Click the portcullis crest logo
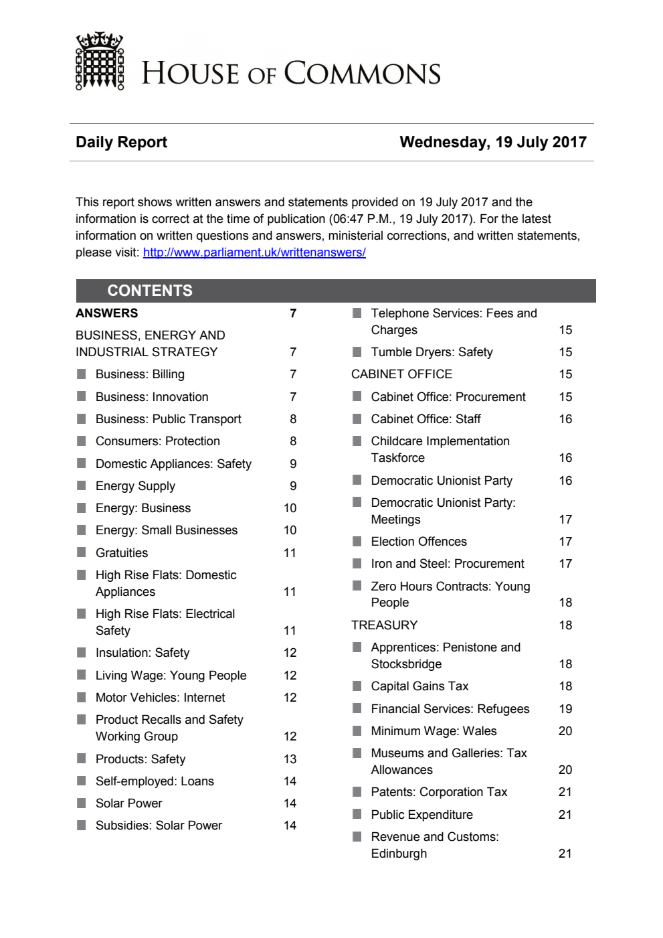click(x=100, y=62)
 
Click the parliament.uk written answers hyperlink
click(x=254, y=252)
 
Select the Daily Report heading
click(x=121, y=142)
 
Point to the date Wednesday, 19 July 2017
click(x=493, y=142)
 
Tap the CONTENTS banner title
click(x=150, y=291)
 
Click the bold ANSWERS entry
click(x=107, y=313)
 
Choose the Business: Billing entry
click(x=140, y=374)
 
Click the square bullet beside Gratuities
click(x=82, y=552)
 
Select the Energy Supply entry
click(x=135, y=486)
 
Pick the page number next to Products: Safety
click(x=290, y=759)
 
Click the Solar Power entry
click(x=128, y=803)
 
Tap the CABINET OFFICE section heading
click(x=401, y=374)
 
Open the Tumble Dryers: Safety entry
click(x=432, y=352)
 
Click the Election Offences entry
click(x=419, y=542)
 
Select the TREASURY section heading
click(x=384, y=625)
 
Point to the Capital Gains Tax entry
click(x=419, y=686)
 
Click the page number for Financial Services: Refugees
click(x=565, y=709)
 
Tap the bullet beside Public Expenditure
click(x=357, y=814)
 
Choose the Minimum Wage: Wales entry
click(x=434, y=731)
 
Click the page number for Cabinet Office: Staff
click(x=565, y=419)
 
